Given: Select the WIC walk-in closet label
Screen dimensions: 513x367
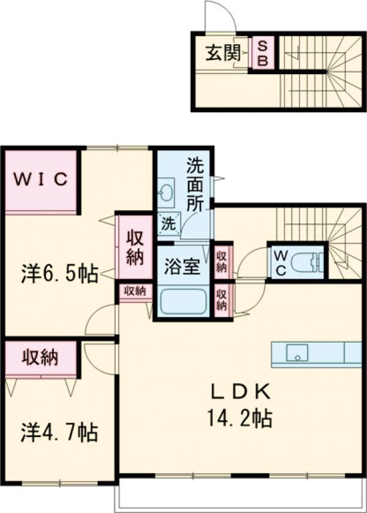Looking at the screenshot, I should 40,180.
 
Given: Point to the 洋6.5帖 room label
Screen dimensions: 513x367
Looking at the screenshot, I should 59,274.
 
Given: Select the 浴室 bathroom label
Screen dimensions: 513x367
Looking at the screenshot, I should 182,268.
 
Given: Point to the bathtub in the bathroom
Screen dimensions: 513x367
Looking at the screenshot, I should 183,301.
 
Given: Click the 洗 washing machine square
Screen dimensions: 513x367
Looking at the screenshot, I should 167,224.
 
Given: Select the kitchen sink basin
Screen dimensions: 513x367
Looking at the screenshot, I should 295,354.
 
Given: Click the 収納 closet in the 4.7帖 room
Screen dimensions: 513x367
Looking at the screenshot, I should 41,358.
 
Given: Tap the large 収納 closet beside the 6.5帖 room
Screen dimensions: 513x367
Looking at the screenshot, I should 134,246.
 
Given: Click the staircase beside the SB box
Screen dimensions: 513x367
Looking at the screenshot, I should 321,70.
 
